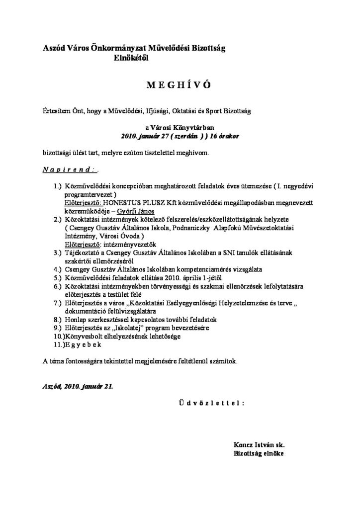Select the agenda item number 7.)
click(58, 303)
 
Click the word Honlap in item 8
click(76, 320)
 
